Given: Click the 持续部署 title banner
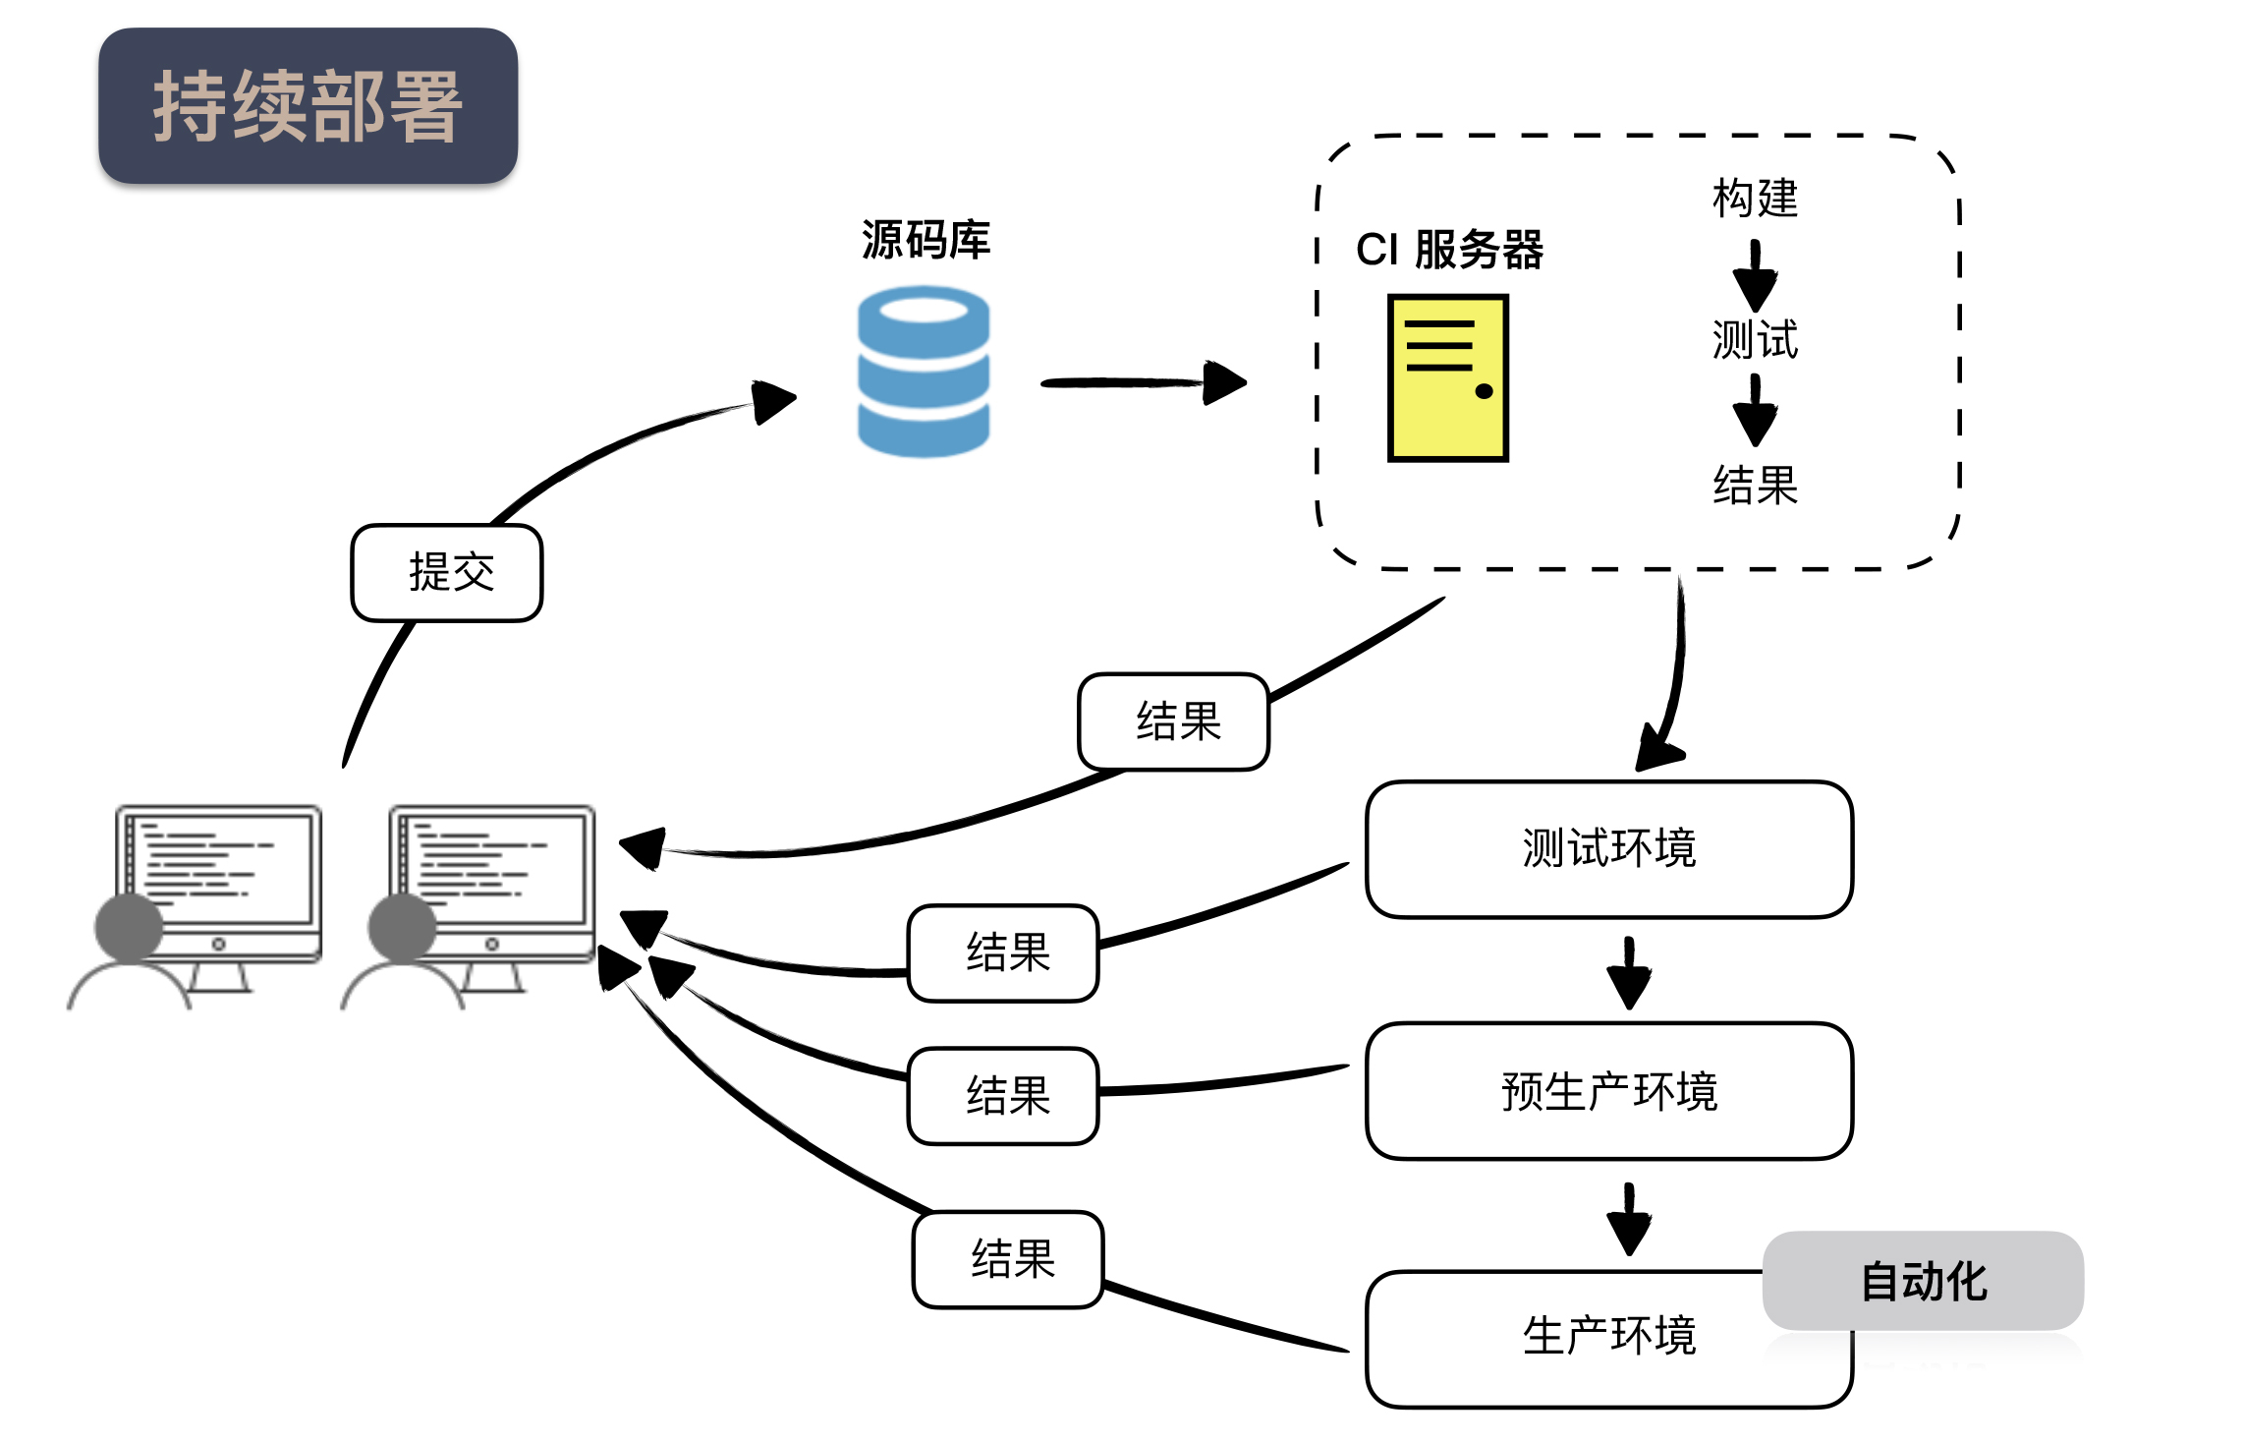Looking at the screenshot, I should pyautogui.click(x=308, y=106).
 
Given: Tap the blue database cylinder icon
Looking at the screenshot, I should pyautogui.click(x=923, y=372).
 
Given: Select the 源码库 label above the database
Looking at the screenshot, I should pyautogui.click(x=926, y=240).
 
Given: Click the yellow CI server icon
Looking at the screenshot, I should pyautogui.click(x=1447, y=378).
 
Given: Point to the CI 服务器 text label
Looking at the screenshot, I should pyautogui.click(x=1449, y=250).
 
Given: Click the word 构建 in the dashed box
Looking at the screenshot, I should pyautogui.click(x=1755, y=199).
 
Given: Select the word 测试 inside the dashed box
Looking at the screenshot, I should pyautogui.click(x=1755, y=340).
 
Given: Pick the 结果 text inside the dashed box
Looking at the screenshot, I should pyautogui.click(x=1755, y=486).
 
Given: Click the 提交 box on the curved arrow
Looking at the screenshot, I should pyautogui.click(x=447, y=573).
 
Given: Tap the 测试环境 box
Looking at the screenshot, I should pyautogui.click(x=1608, y=849).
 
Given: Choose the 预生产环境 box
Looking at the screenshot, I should pyautogui.click(x=1608, y=1091).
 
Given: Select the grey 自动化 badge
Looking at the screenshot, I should pyautogui.click(x=1923, y=1281).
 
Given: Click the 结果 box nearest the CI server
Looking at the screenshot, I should pyautogui.click(x=1174, y=721).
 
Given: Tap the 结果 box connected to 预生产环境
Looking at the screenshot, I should pyautogui.click(x=1003, y=1096).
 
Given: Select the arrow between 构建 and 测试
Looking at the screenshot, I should pyautogui.click(x=1755, y=276).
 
